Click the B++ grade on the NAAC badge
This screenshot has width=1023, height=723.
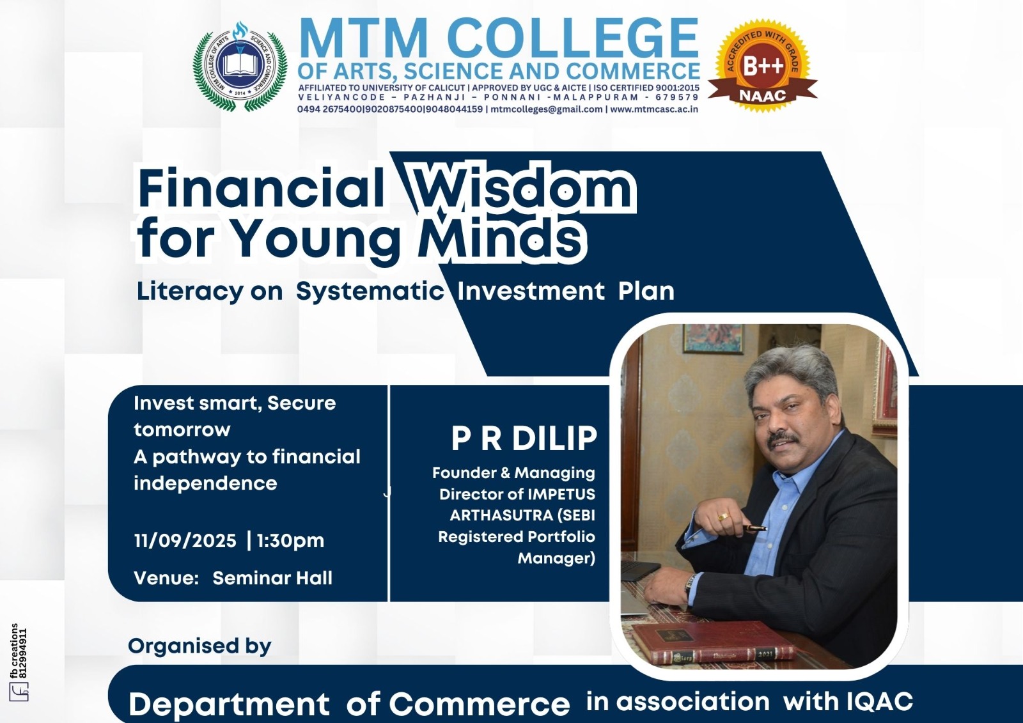point(763,66)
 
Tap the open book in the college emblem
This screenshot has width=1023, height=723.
point(239,65)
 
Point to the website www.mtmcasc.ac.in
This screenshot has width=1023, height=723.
point(653,109)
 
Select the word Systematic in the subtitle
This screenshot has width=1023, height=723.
point(370,291)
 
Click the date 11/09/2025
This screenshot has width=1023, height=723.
point(185,541)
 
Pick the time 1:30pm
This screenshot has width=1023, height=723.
point(290,541)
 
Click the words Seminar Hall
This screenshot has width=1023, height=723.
point(272,579)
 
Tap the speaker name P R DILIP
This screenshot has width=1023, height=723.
point(524,437)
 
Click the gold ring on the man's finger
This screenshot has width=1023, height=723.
point(723,517)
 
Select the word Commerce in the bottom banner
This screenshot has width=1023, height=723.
point(479,703)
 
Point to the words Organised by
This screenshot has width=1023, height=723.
point(200,646)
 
